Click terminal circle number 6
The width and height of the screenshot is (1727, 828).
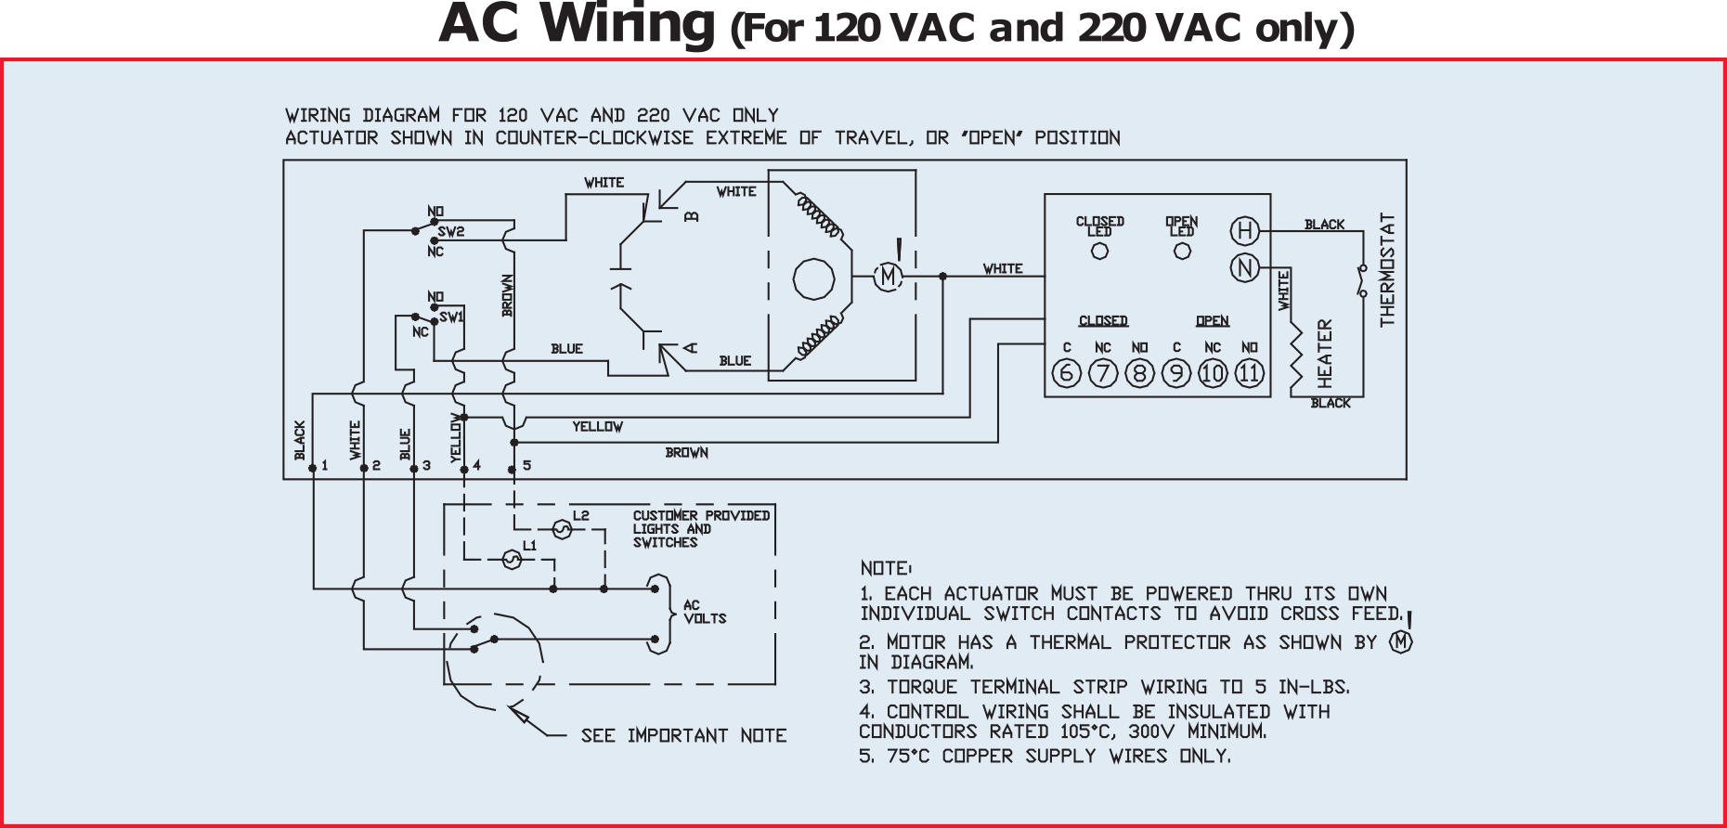point(1066,373)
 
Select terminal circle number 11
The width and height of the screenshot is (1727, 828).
point(1250,373)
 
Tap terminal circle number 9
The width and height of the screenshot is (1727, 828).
point(1176,373)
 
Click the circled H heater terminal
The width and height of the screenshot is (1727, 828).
point(1244,231)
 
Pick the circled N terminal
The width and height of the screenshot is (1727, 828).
point(1244,268)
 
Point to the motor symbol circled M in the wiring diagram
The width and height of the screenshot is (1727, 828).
point(888,277)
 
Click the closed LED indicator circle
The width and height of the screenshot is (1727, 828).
point(1100,251)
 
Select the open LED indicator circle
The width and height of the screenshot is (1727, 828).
point(1182,251)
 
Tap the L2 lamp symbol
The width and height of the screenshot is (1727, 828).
point(561,529)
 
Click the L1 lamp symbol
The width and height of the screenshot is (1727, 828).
point(511,559)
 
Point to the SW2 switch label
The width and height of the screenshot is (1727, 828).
point(451,232)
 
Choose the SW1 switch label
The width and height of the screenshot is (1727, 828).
point(451,317)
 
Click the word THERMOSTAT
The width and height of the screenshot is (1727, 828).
point(1388,270)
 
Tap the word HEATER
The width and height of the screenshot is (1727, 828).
point(1325,353)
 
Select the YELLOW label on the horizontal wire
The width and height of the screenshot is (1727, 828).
point(597,427)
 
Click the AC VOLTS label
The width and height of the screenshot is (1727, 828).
point(704,612)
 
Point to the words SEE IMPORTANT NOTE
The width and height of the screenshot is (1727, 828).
point(683,736)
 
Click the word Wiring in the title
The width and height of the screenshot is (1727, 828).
point(631,25)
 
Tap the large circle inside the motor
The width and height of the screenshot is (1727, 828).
point(813,278)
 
